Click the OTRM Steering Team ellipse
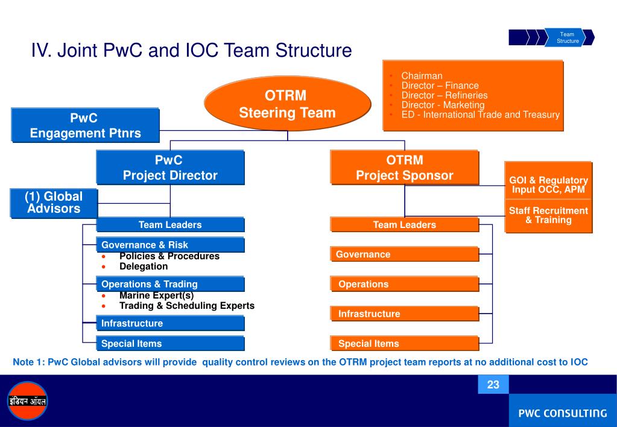[287, 104]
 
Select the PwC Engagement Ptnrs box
[85, 125]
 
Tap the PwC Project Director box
[170, 168]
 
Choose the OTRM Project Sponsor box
[404, 168]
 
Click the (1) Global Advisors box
[53, 203]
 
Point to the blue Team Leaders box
[170, 225]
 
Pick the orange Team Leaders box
[404, 225]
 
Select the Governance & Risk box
[170, 245]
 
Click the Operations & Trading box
[170, 284]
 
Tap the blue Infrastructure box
[170, 323]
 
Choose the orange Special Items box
[404, 344]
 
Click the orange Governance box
[404, 255]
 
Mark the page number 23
[493, 385]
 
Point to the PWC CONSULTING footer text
[563, 413]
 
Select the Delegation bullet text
[144, 266]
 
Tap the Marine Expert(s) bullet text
[156, 296]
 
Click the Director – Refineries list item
[445, 95]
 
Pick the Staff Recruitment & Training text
[548, 215]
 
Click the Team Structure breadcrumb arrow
[568, 37]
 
